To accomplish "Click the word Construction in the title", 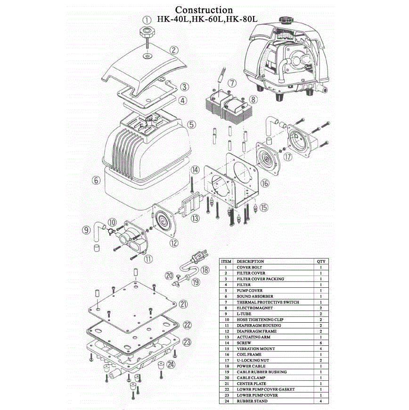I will tap(204, 10).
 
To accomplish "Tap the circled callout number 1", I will tap(147, 20).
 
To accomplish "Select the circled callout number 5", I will tap(191, 125).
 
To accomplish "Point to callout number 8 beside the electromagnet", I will tap(253, 100).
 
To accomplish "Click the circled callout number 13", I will tap(195, 218).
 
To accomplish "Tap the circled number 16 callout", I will tap(265, 183).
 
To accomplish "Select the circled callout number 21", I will tap(184, 304).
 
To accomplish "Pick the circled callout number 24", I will tap(171, 364).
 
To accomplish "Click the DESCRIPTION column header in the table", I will tap(250, 261).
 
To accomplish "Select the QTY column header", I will tap(321, 261).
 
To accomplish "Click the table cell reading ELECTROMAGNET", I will tap(254, 308).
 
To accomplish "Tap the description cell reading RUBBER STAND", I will tap(252, 401).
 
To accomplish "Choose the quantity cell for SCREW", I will tap(321, 343).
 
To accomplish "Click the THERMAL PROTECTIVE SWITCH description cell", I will tap(268, 302).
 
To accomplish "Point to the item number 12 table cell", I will tap(226, 331).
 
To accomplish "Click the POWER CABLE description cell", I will tap(251, 366).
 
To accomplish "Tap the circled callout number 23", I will tap(187, 342).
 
